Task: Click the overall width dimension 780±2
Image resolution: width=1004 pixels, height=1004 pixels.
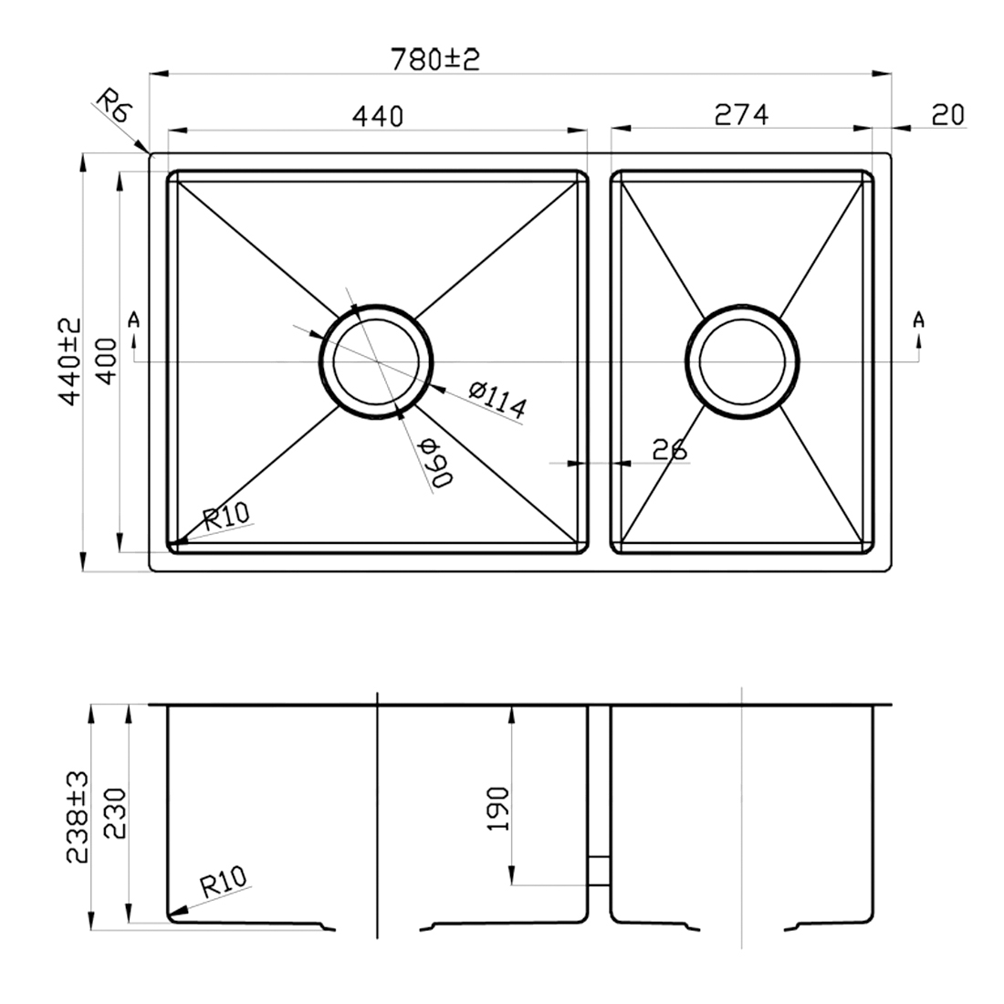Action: point(434,59)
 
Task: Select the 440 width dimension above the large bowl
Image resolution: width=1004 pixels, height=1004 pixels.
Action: point(376,116)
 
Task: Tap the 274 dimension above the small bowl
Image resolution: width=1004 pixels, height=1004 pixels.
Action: point(741,114)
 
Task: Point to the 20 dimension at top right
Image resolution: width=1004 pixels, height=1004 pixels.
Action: point(947,114)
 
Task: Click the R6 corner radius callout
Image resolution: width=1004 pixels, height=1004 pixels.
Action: point(116,107)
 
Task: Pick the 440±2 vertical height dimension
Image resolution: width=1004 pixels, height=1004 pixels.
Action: point(69,361)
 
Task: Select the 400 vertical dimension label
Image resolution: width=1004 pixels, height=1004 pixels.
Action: point(106,361)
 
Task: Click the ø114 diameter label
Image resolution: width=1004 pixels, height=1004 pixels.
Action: point(497,402)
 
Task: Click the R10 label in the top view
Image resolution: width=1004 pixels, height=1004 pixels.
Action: point(225,519)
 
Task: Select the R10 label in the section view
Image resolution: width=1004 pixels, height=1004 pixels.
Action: point(224,883)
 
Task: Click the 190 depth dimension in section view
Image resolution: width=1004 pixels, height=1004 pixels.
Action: point(497,808)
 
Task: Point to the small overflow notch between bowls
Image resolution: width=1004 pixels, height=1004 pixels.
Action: point(598,871)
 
